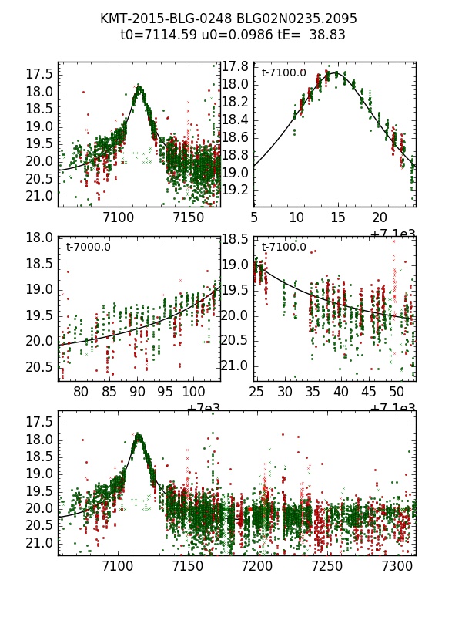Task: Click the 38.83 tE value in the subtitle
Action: [x=326, y=35]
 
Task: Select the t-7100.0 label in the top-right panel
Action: [x=284, y=73]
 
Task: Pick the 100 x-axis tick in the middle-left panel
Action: [x=192, y=392]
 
